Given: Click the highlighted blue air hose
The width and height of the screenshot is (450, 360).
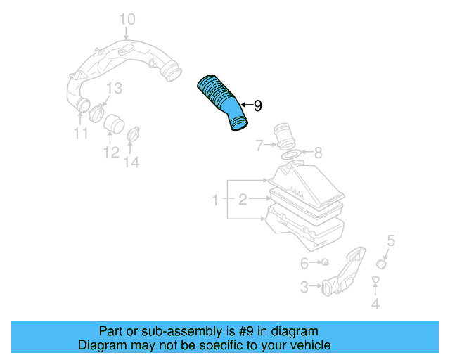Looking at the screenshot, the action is pos(221,101).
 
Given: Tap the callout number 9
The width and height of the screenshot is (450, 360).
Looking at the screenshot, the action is pos(258,105).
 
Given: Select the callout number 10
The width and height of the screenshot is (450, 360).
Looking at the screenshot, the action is pos(127,20).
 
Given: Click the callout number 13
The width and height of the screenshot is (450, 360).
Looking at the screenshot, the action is pos(115,88).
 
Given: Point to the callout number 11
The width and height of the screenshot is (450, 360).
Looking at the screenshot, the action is pos(81,133).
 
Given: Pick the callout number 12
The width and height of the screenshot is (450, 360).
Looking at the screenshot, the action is pos(111,152).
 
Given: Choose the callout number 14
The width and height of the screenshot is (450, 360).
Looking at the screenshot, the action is pos(131,162).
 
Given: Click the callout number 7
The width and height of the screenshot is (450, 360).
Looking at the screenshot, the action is pos(259,146).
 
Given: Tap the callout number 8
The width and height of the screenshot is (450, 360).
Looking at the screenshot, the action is pos(318,153).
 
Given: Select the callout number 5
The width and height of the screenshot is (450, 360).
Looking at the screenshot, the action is pos(391,240).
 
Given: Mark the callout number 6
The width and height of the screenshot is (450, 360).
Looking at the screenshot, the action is pos(304,263).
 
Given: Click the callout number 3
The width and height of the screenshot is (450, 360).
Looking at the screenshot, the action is pos(304,287).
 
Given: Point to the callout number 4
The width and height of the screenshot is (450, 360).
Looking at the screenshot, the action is pos(375,304).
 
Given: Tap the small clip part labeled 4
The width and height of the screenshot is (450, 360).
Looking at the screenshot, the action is pos(375,279).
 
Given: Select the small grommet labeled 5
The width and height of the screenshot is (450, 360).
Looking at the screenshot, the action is pos(381,264).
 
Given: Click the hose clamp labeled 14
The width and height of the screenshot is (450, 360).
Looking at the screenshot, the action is pos(133,134).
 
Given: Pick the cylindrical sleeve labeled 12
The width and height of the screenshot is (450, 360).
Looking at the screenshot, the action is pos(114,124).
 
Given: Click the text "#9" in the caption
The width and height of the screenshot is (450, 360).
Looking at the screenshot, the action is pos(246,331).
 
